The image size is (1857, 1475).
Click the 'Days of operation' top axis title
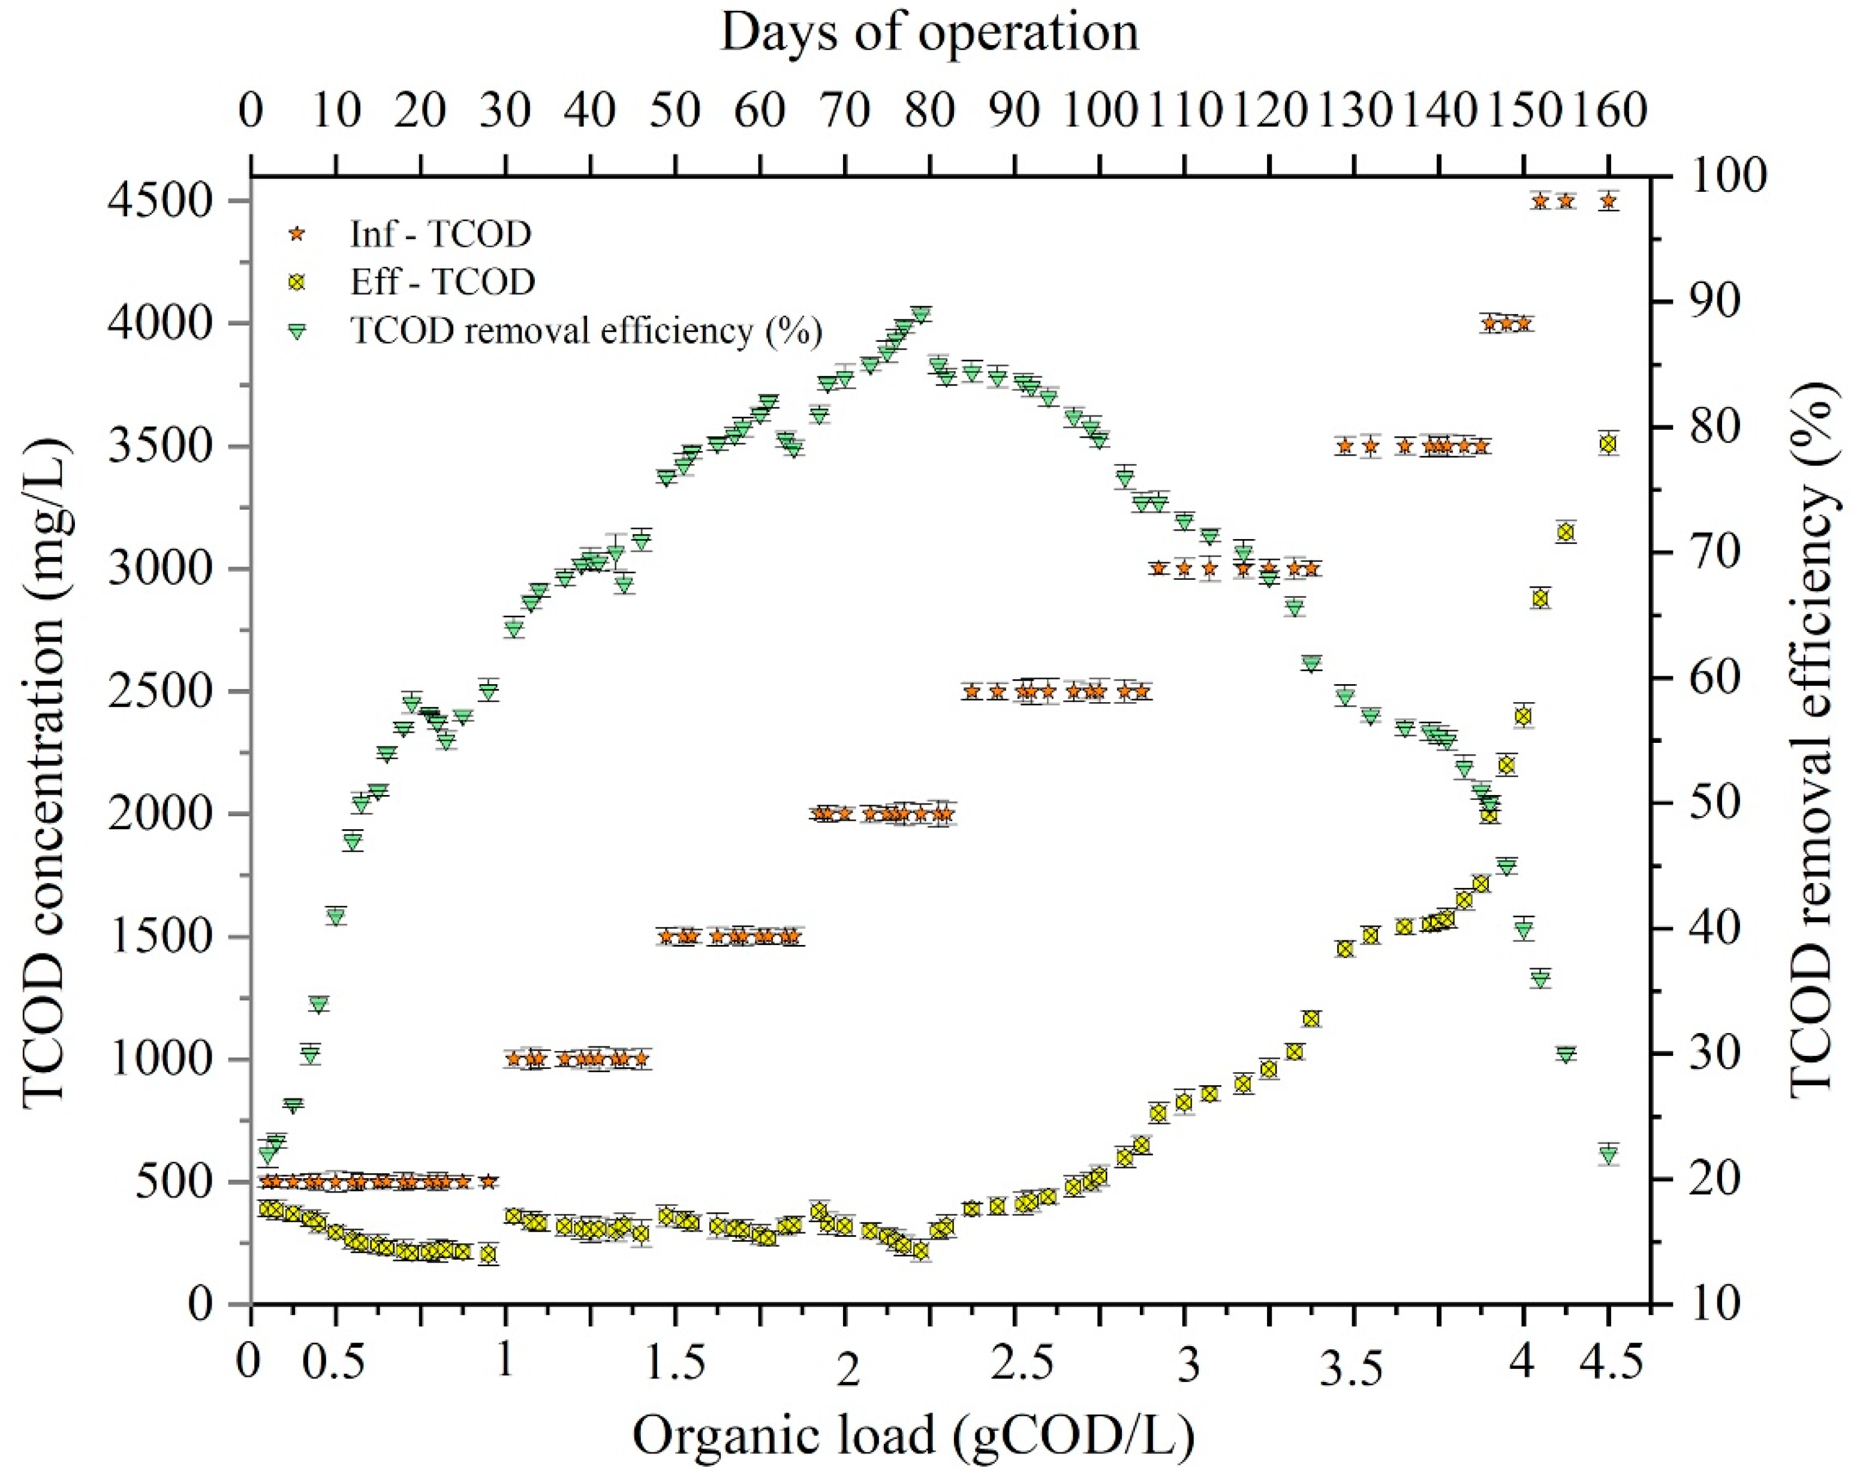pos(928,33)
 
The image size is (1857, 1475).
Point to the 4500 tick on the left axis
pos(159,201)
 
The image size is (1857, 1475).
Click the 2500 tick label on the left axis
pos(159,691)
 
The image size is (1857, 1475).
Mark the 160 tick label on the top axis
pos(1607,111)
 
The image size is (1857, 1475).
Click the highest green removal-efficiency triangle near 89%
pos(922,314)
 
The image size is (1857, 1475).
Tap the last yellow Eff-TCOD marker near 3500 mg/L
pos(1607,444)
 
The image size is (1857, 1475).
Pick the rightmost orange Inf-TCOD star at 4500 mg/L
pos(1607,201)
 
